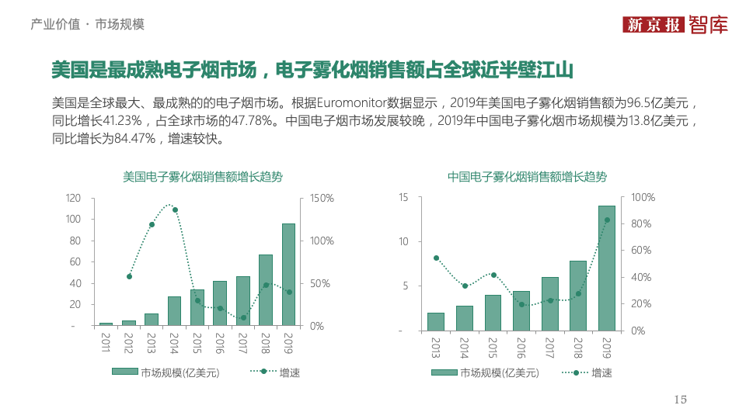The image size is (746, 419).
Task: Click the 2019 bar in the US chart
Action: coord(288,275)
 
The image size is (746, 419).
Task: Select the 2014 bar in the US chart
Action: coord(174,311)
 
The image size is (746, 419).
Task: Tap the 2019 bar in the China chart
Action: coord(606,268)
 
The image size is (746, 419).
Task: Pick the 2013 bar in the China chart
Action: coord(436,322)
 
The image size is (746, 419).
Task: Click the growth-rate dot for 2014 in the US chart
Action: coord(175,209)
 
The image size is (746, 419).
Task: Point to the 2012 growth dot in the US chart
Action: coord(129,276)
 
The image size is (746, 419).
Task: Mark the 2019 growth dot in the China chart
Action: coord(607,220)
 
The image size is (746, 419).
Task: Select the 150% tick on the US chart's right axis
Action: coord(322,199)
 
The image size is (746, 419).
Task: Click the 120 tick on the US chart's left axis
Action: coord(74,199)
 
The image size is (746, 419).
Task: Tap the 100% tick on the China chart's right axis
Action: coord(643,198)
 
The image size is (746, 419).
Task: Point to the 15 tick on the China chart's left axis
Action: coord(403,198)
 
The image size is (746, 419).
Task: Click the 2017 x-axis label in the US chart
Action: coord(243,342)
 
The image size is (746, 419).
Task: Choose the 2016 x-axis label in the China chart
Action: coord(521,347)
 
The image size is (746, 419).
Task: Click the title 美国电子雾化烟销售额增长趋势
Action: coord(203,177)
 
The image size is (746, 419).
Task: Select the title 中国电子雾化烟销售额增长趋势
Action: coord(528,177)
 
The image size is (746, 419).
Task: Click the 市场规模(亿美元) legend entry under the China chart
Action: coord(499,372)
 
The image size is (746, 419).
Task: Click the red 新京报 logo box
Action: coord(654,24)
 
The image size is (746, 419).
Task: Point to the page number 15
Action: coord(680,400)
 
